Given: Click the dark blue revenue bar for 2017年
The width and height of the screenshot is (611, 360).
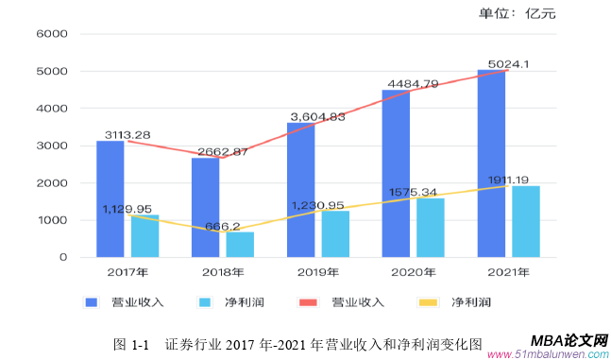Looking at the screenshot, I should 110,198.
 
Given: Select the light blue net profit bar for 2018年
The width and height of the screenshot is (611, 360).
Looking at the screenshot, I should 240,245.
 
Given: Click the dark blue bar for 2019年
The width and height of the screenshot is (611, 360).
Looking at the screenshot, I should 300,189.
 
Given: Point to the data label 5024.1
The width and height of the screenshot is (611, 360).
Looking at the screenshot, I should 508,64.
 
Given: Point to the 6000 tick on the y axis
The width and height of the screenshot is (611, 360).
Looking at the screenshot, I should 51,34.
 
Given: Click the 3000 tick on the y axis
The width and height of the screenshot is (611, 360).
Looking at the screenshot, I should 51,146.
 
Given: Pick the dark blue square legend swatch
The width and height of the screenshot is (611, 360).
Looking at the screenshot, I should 92,302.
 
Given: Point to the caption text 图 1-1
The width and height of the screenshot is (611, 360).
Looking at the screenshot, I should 131,345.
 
